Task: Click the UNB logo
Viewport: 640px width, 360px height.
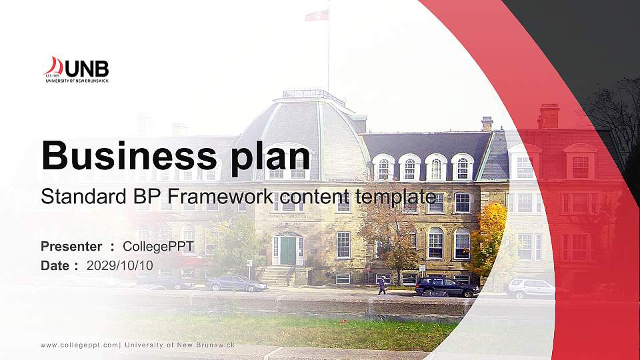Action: (76, 69)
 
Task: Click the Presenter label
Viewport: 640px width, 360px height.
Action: (71, 247)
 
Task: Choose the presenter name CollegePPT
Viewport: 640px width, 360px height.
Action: (158, 247)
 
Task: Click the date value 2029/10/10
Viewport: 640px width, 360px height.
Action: (119, 265)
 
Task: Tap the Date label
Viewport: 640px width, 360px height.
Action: (55, 265)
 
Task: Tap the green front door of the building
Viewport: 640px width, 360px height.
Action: (288, 251)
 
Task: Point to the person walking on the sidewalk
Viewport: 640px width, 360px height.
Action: (381, 285)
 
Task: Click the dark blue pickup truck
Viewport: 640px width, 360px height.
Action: (446, 287)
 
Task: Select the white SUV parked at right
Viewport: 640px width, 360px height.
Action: (531, 288)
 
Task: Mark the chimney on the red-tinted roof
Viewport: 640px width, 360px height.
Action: (549, 117)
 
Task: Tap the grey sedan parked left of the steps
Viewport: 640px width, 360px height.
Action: (236, 284)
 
